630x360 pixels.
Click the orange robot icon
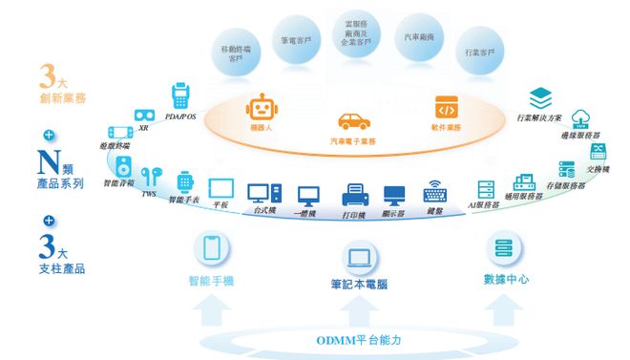tap(260, 107)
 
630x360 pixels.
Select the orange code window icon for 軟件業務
tap(446, 106)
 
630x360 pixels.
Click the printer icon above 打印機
tap(355, 194)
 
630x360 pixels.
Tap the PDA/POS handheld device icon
tap(178, 96)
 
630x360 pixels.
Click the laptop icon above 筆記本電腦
tap(358, 255)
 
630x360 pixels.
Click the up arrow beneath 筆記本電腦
tap(359, 308)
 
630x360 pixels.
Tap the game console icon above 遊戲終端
tap(118, 138)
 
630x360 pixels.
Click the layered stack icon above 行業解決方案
tap(541, 97)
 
